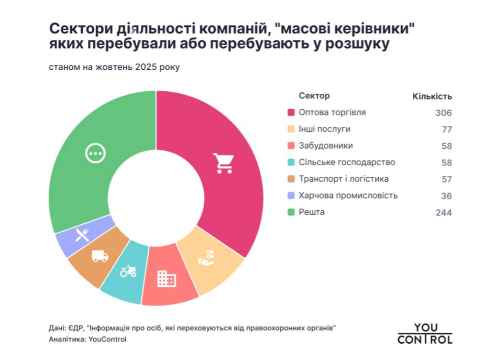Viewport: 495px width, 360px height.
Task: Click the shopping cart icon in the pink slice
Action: [222, 163]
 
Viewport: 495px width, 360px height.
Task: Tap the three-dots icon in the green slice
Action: [95, 153]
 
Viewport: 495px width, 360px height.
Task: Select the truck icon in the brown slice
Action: [99, 256]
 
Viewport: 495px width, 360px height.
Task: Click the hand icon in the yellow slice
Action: [207, 258]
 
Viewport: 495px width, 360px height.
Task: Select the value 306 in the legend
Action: [443, 113]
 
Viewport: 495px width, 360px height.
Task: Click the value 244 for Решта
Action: [443, 213]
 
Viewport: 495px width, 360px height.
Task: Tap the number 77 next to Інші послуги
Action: [447, 130]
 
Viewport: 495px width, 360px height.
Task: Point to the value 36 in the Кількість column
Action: [447, 196]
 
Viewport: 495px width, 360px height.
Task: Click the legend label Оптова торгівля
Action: [332, 112]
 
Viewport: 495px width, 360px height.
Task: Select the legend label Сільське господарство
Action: [347, 162]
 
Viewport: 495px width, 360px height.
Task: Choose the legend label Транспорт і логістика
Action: [343, 179]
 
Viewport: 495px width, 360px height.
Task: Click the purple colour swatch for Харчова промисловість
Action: [290, 196]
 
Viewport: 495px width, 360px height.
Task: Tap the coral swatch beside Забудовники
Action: [290, 146]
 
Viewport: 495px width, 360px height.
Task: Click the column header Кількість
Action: [432, 97]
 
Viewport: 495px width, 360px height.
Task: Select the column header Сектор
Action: [314, 96]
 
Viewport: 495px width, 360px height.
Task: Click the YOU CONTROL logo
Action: [425, 334]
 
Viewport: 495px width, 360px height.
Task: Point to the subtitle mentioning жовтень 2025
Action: [114, 67]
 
